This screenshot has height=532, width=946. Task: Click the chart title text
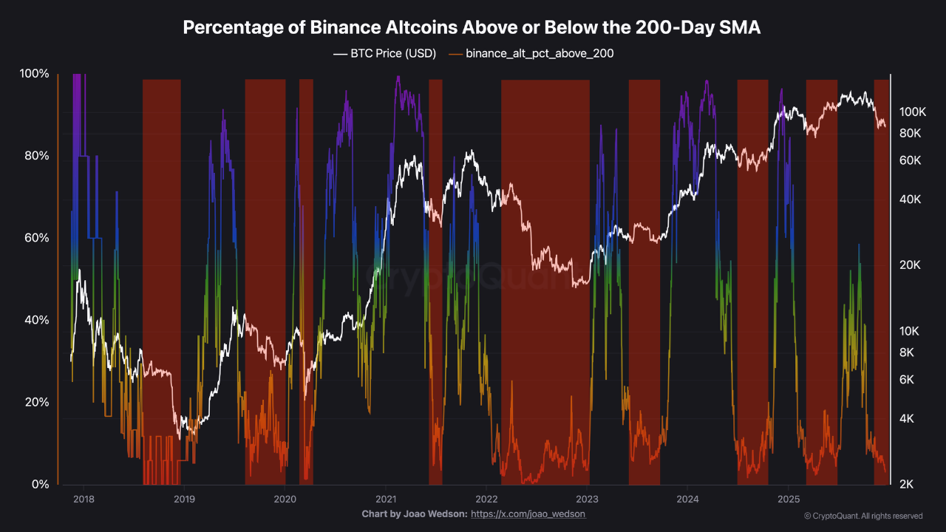coord(472,27)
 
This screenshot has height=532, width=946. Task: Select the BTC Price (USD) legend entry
coord(384,53)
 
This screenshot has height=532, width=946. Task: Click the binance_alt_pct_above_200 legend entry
coord(531,53)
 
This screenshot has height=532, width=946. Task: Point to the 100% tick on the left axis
coord(34,74)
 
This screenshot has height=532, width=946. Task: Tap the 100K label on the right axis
coord(912,112)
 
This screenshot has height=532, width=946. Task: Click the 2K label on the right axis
coord(906,484)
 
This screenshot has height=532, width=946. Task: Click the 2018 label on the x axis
coord(84,499)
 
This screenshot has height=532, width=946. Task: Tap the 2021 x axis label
coord(386,499)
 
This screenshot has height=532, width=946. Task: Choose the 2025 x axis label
coord(789,499)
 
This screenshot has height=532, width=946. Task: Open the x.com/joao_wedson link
coord(528,514)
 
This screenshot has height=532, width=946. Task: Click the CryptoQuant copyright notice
coord(863,516)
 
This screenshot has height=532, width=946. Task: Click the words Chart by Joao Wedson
coord(414,514)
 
